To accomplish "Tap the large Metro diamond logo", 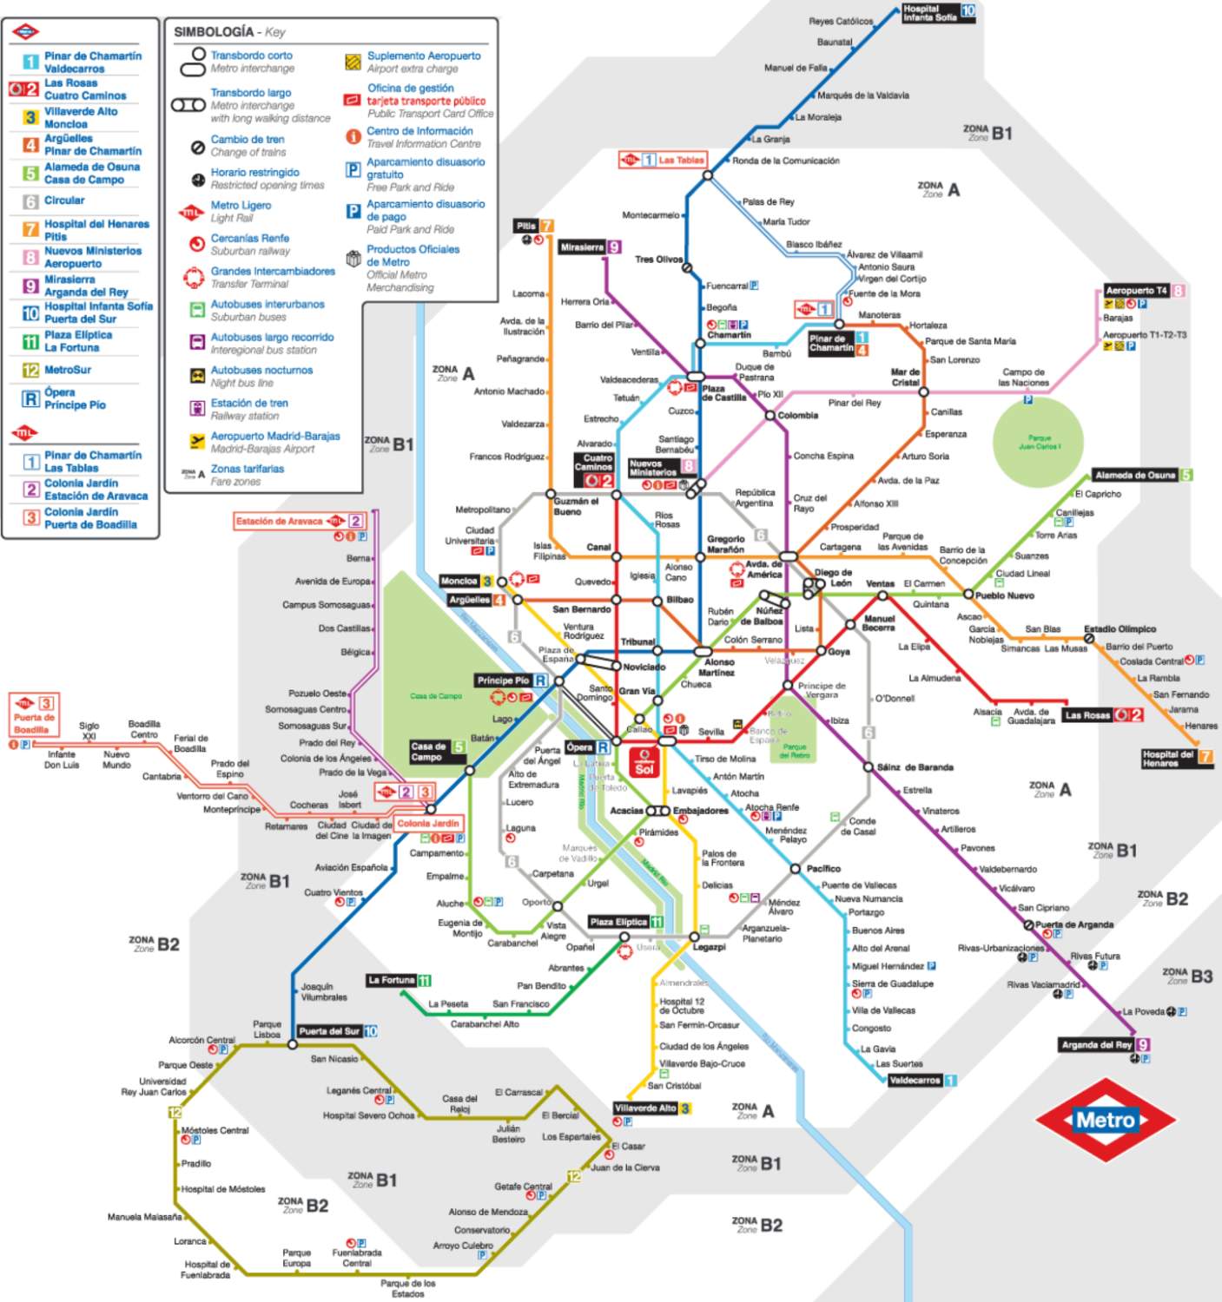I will coord(1105,1121).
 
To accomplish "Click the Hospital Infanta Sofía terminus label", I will coord(929,12).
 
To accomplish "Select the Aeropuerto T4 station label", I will coord(1136,291).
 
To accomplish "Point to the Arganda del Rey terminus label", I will coord(1096,1045).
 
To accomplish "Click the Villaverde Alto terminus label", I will coord(644,1108).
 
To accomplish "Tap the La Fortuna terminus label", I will coord(391,980).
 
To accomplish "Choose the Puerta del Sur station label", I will coord(329,1031).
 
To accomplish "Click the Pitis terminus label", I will coord(526,226).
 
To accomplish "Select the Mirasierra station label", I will coord(582,247).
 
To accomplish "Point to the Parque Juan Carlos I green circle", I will coord(1038,441).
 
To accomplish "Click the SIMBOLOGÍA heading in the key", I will coord(214,32).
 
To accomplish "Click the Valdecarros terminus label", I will coord(915,1081).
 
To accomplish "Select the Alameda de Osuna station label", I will coord(1134,475).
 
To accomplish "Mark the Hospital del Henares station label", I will coord(1168,759).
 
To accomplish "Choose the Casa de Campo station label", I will coord(428,752).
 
